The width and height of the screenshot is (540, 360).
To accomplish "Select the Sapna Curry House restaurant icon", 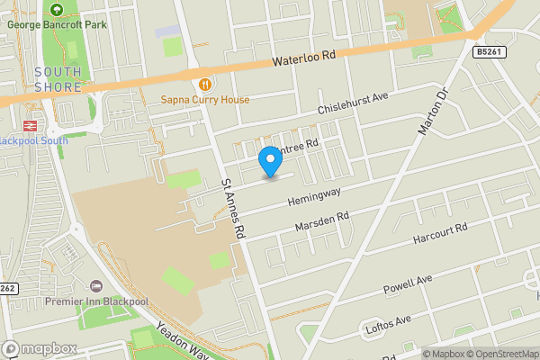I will pyautogui.click(x=205, y=85).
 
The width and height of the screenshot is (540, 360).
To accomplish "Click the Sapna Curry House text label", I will pyautogui.click(x=205, y=100).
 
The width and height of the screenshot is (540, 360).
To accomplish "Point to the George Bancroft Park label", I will pyautogui.click(x=57, y=24).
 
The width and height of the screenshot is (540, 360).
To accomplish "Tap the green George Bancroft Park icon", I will pyautogui.click(x=57, y=10).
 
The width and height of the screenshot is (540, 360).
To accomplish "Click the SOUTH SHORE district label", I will pyautogui.click(x=58, y=79).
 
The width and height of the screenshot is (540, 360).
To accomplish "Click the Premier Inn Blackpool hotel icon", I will pyautogui.click(x=96, y=285).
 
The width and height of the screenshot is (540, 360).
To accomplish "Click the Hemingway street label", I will pyautogui.click(x=315, y=191).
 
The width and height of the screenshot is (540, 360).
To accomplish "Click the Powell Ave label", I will pyautogui.click(x=407, y=286).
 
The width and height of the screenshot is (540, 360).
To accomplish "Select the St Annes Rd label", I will pyautogui.click(x=233, y=207).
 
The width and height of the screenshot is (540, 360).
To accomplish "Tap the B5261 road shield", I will pyautogui.click(x=490, y=53).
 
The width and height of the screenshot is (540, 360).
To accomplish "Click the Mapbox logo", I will pyautogui.click(x=40, y=349).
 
